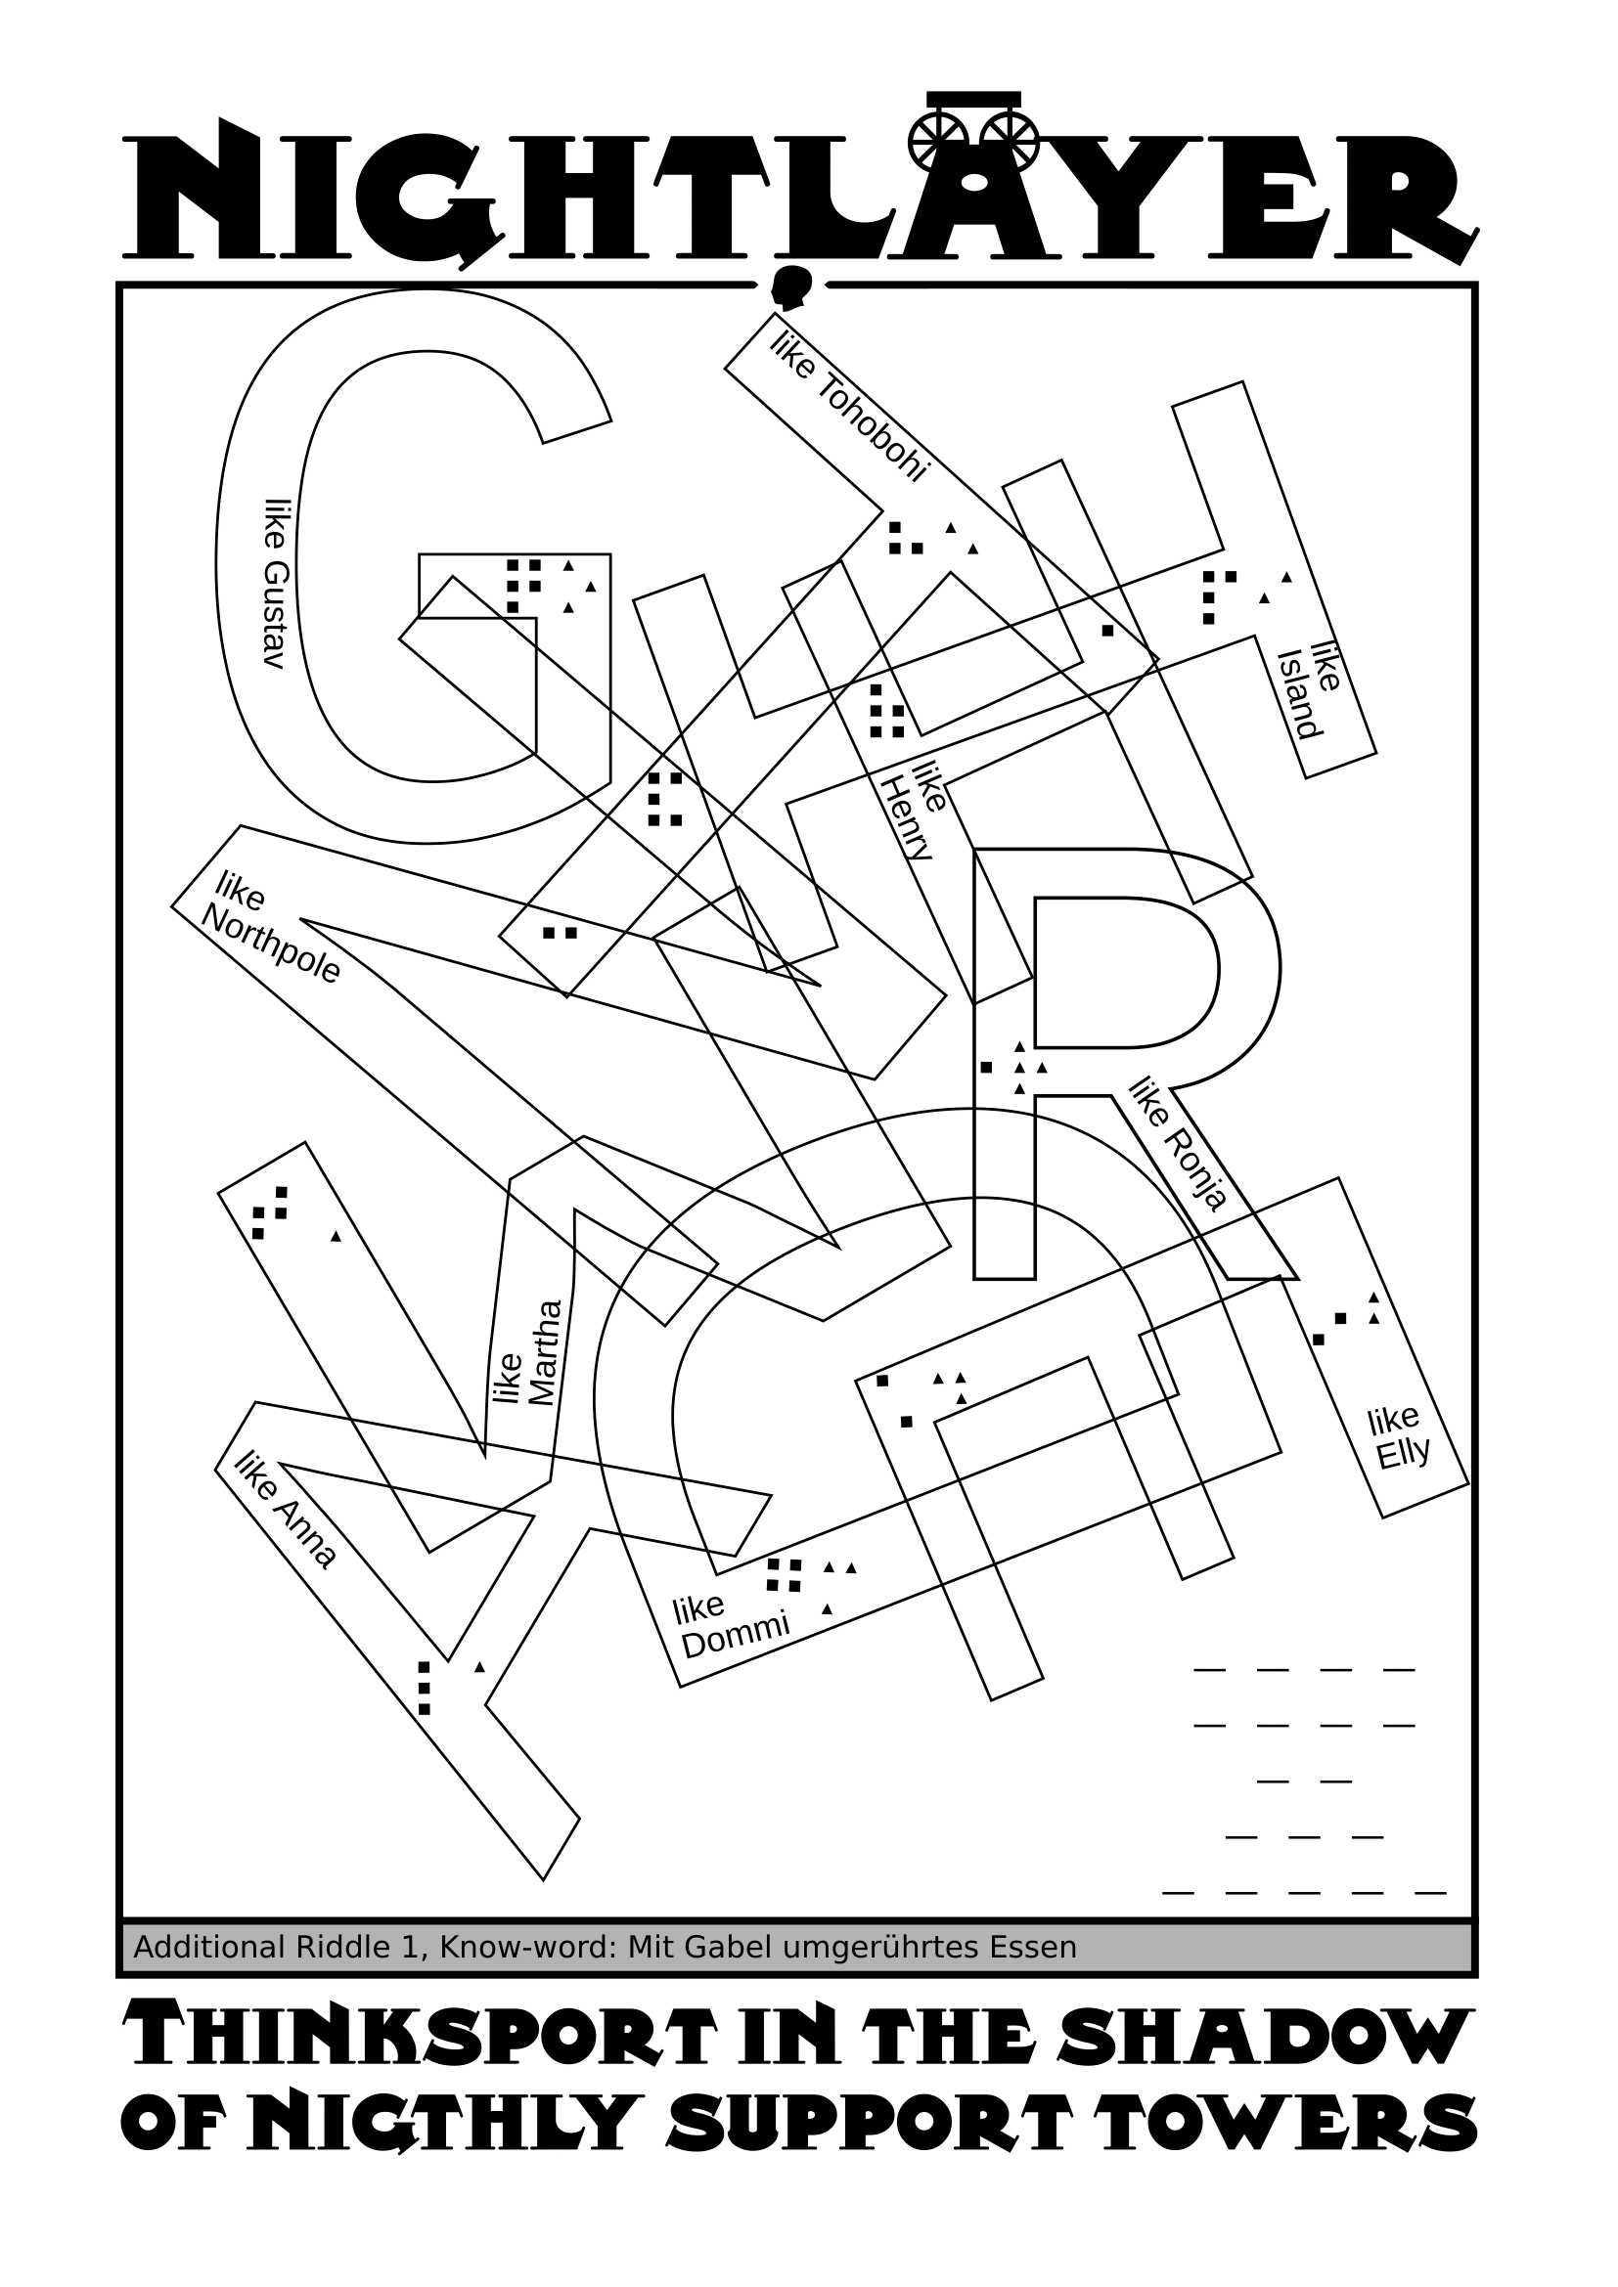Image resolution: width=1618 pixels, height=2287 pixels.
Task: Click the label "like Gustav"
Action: [x=275, y=584]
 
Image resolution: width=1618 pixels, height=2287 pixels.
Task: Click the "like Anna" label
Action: [x=285, y=1510]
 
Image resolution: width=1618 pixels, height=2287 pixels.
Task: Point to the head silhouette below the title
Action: [x=792, y=287]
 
